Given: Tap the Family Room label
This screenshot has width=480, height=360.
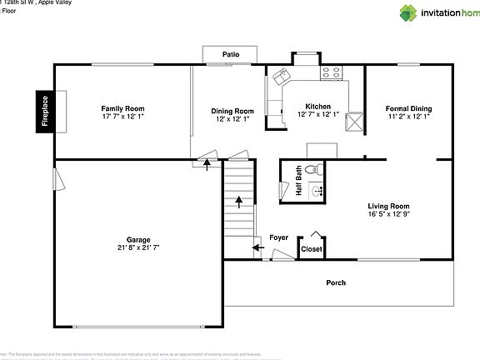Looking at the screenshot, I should tap(122, 108).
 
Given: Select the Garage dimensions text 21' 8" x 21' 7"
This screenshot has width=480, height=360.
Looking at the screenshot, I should tap(138, 247).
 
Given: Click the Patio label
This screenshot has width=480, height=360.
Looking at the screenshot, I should tap(231, 55).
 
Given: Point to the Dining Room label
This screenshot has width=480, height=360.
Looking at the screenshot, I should tap(232, 111).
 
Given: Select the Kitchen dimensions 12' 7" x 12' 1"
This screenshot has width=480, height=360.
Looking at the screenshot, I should tap(317, 114).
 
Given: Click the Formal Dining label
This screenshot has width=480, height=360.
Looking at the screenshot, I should tap(408, 108).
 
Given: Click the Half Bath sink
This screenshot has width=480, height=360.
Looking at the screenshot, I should tap(316, 191).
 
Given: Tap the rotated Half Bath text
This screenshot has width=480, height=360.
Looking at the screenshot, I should tap(299, 181).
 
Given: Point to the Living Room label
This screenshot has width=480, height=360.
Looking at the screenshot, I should tap(388, 206).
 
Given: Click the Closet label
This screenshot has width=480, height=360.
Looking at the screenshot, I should tap(311, 248).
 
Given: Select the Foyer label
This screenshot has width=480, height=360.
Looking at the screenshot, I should tap(278, 237).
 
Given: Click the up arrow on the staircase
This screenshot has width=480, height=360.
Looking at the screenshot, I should tap(240, 201).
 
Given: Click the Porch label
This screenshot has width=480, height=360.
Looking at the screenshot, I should tap(336, 282).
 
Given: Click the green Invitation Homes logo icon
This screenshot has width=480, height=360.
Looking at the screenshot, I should tap(409, 12).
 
